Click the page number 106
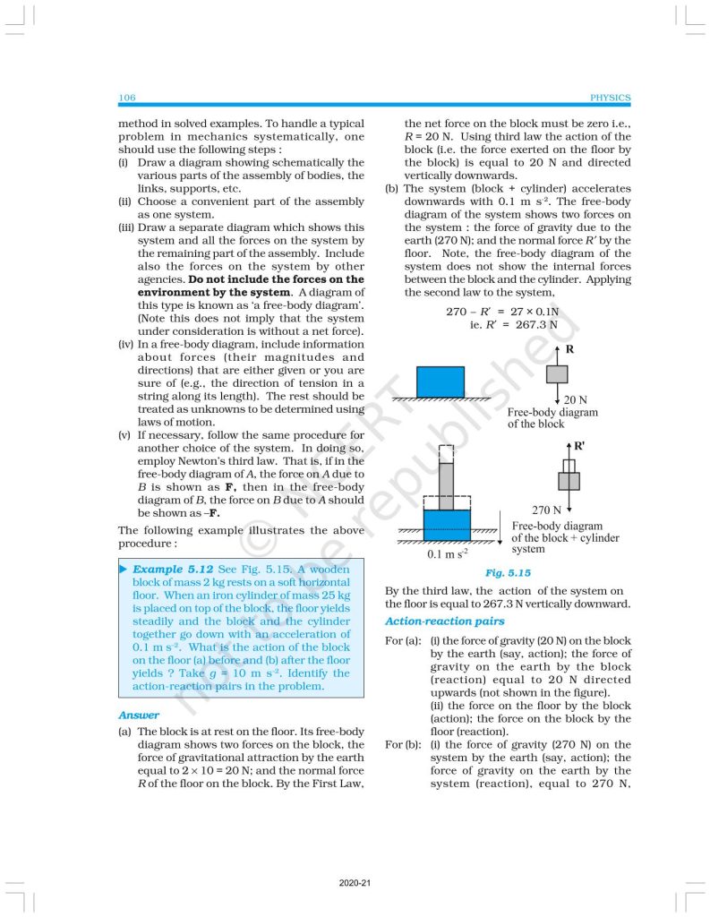(126, 98)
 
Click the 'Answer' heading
(139, 715)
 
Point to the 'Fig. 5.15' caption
(508, 572)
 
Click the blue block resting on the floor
(441, 381)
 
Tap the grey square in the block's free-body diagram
(556, 373)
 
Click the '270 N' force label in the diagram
(547, 509)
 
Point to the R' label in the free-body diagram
(578, 444)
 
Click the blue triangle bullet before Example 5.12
(124, 569)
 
